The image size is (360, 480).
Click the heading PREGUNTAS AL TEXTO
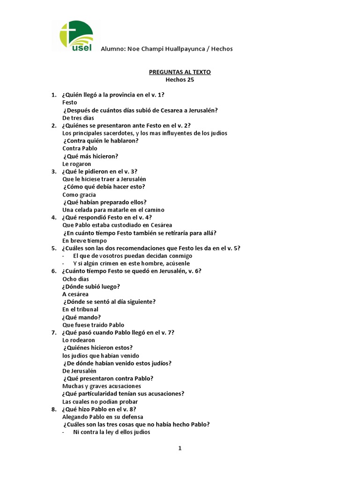click(x=180, y=72)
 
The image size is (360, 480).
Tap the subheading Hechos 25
click(x=180, y=79)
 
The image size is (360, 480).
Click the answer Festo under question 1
click(x=69, y=102)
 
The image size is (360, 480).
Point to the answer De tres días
click(x=78, y=118)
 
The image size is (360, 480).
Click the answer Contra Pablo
click(x=80, y=149)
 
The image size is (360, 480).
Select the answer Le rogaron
click(x=76, y=164)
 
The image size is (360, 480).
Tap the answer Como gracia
click(x=79, y=195)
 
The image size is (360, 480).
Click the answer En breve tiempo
click(x=85, y=240)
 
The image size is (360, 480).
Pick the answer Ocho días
click(x=75, y=279)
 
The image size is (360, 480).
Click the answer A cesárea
click(x=75, y=294)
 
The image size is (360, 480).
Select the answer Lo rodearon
click(x=78, y=340)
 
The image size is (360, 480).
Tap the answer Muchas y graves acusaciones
click(x=101, y=386)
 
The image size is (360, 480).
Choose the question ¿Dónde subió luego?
click(x=91, y=286)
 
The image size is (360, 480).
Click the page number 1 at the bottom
click(x=180, y=448)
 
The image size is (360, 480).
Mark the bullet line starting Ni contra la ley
click(x=112, y=432)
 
